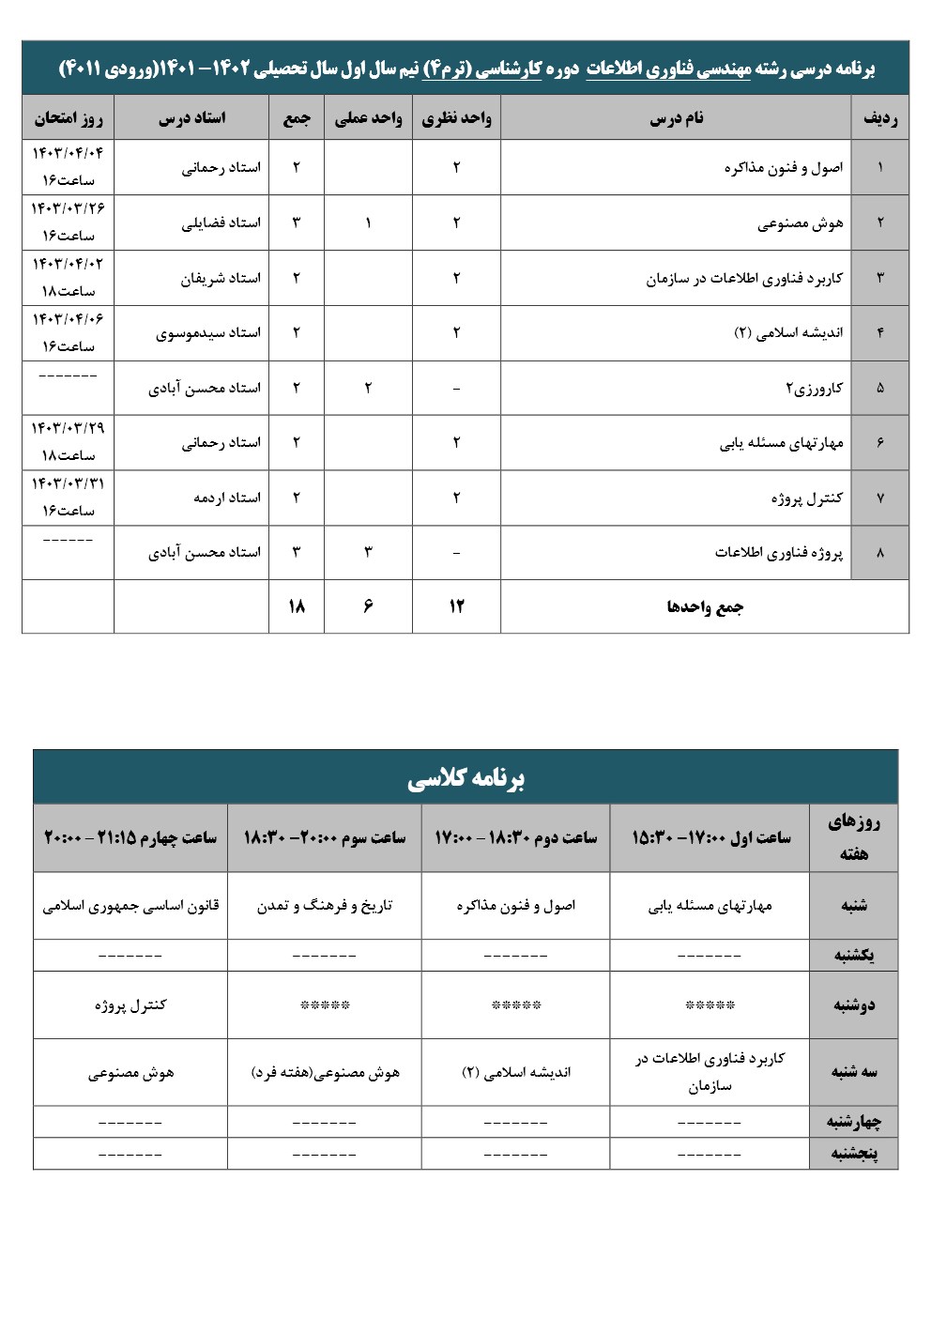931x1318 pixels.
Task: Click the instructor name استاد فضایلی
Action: point(221,223)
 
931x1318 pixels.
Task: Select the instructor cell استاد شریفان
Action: point(221,279)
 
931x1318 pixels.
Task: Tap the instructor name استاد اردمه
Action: point(227,498)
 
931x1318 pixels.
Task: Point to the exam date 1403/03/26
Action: point(69,208)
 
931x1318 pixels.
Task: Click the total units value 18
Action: point(296,606)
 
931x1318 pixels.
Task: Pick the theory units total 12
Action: point(456,606)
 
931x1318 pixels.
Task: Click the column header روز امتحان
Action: point(69,119)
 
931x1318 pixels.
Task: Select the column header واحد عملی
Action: point(368,119)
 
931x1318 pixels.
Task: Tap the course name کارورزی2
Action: point(814,389)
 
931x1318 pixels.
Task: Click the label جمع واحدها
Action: point(705,607)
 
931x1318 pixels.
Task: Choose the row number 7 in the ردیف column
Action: point(879,498)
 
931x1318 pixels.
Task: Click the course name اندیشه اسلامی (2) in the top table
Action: point(788,333)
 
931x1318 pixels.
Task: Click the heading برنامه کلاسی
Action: point(465,778)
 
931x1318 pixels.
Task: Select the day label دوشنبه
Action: point(853,1005)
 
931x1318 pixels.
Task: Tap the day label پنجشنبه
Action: point(853,1154)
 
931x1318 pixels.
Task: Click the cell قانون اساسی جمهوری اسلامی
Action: point(130,906)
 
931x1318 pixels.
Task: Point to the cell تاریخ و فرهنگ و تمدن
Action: point(325,906)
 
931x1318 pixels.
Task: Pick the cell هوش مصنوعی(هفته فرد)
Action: point(325,1073)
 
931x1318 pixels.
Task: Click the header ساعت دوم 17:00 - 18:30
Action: point(515,837)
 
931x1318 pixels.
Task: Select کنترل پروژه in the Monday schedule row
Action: point(130,1005)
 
